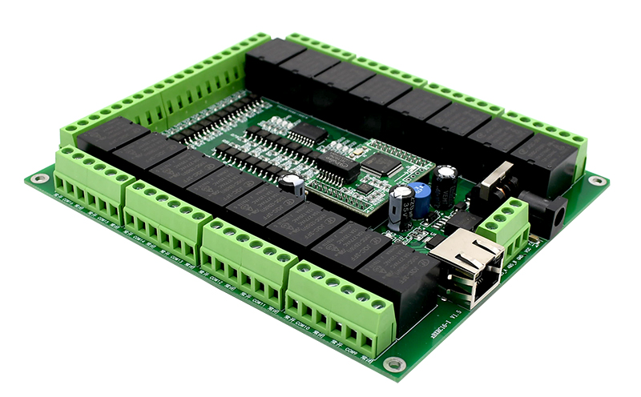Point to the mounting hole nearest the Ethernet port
393,364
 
